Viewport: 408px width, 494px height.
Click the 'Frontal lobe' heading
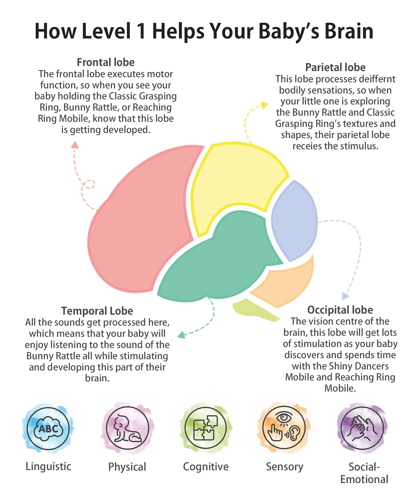106,62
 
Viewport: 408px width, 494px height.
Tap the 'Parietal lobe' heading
335,68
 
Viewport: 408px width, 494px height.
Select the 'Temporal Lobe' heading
97,311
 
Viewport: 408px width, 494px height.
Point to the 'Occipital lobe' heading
340,310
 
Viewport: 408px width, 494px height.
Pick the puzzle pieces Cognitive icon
206,428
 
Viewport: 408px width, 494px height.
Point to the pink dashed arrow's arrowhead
75,145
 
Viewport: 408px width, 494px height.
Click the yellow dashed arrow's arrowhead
264,105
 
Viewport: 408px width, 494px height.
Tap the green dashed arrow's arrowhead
181,335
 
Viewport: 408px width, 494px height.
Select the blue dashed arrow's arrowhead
345,296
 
